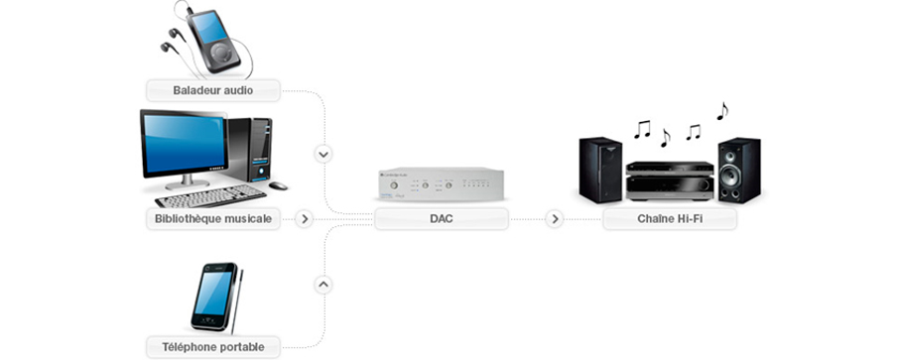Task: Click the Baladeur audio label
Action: [x=212, y=90]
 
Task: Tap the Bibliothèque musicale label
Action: [x=212, y=218]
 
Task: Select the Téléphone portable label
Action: [x=212, y=347]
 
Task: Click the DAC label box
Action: [x=442, y=218]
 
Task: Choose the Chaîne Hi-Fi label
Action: [x=670, y=218]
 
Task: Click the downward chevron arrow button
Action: [x=322, y=154]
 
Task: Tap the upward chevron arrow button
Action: [x=322, y=284]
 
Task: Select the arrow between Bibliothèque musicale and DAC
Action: [x=305, y=218]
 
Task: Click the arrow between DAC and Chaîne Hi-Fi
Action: [x=555, y=218]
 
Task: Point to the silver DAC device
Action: [x=442, y=184]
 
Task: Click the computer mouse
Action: [x=278, y=185]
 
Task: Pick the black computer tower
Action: [x=253, y=149]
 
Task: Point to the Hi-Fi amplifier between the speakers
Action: [x=669, y=180]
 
